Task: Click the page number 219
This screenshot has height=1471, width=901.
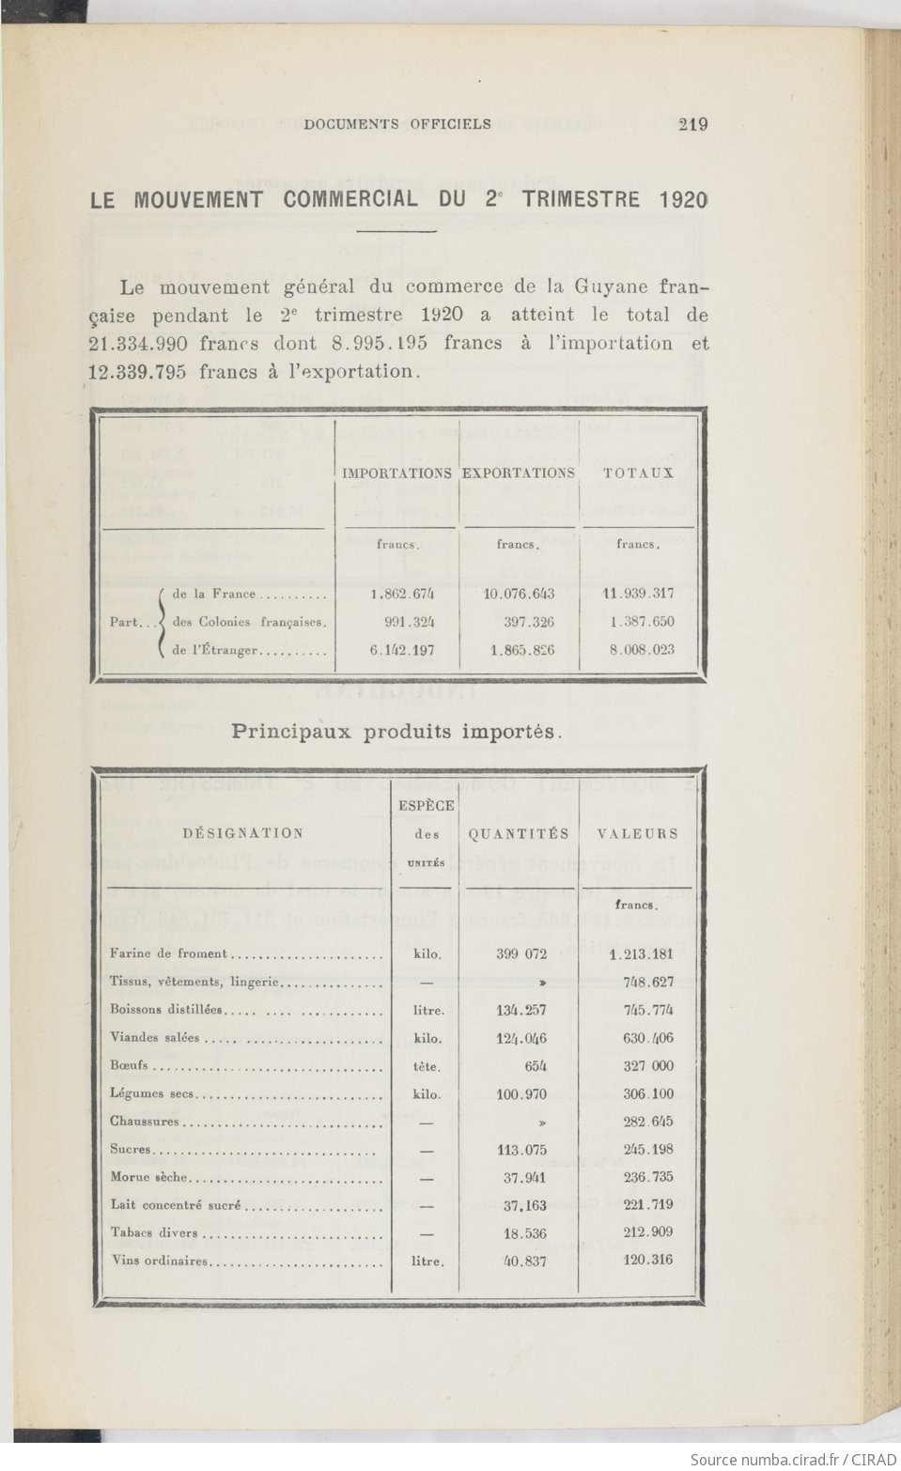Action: pos(692,124)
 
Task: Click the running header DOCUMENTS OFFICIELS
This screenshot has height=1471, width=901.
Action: pos(397,124)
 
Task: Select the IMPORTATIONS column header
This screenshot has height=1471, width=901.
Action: pos(396,473)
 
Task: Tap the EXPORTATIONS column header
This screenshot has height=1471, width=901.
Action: pos(518,473)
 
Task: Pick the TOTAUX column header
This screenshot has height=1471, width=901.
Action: pos(639,473)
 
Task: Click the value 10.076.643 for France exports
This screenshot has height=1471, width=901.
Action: pos(519,594)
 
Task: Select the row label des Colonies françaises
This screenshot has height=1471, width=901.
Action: pos(249,622)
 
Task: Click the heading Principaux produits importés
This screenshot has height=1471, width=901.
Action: pos(396,732)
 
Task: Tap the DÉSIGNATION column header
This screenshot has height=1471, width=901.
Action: pos(243,833)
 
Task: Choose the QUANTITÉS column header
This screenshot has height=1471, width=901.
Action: pos(519,833)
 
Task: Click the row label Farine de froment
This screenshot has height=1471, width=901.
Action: pos(169,953)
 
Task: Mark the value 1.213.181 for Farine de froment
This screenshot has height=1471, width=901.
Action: pos(641,954)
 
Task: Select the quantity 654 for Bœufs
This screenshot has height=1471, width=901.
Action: pos(533,1066)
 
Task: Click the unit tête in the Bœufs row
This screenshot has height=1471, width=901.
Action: pos(427,1067)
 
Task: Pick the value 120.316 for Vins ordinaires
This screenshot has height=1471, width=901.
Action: pos(647,1261)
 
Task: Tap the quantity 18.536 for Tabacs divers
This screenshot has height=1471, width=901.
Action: pos(524,1233)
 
